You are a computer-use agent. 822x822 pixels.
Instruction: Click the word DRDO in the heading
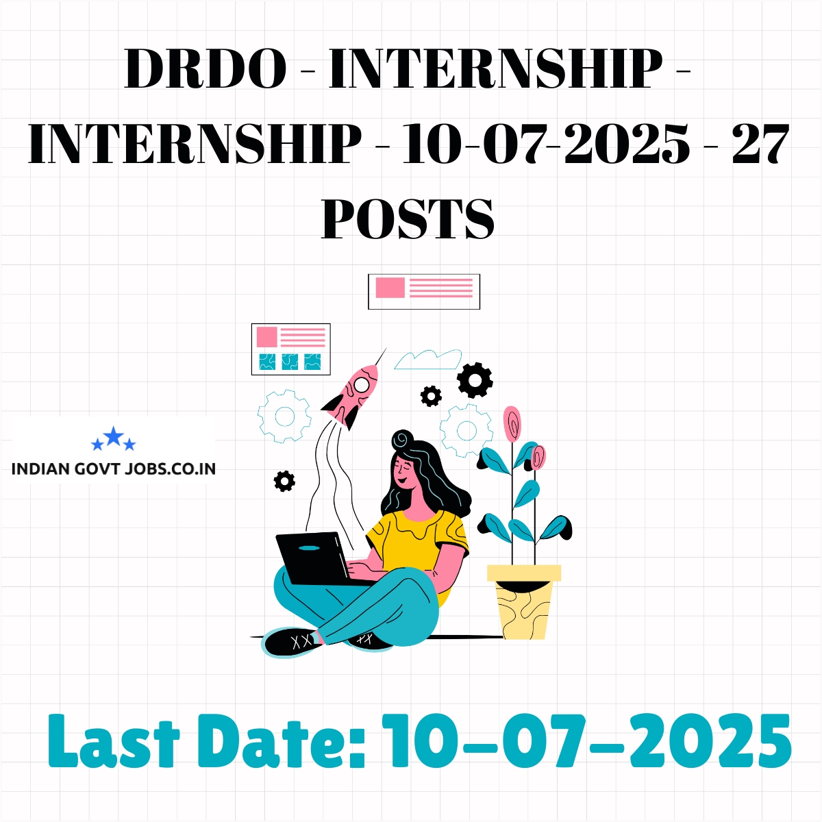click(206, 68)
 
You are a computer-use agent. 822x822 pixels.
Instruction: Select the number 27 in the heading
click(760, 143)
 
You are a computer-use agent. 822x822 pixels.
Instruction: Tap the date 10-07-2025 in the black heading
click(545, 143)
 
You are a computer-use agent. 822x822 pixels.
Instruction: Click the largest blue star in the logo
click(114, 436)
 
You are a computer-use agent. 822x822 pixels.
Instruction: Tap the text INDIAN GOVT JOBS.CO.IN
click(114, 469)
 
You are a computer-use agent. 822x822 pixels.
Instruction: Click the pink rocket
click(351, 395)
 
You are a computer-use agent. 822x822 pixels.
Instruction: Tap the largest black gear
click(475, 379)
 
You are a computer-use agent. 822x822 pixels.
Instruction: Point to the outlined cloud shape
click(427, 360)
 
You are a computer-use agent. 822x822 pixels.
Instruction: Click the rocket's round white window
click(361, 384)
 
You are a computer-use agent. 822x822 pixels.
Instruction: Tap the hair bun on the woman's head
click(401, 439)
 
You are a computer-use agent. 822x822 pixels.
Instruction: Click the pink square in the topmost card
click(390, 287)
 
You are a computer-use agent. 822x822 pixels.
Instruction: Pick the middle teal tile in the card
click(290, 361)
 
